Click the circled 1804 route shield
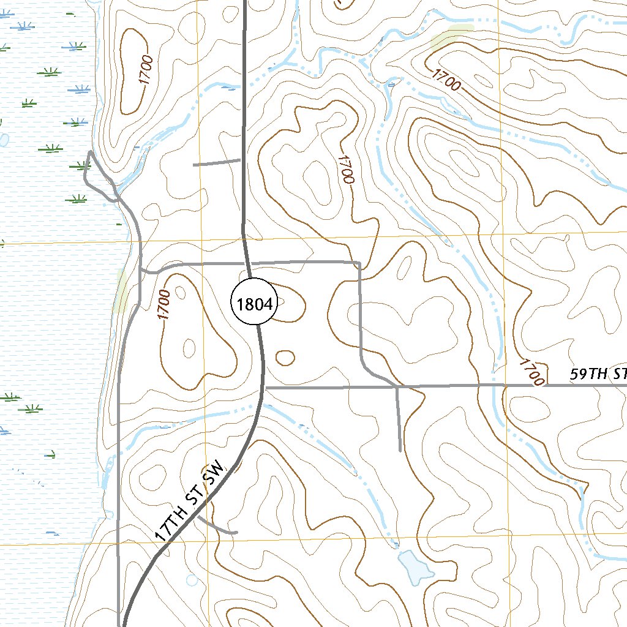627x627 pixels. click(254, 303)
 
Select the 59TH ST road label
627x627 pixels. click(598, 375)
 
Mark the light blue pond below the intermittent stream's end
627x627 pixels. click(415, 565)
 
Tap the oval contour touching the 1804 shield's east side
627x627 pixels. click(293, 303)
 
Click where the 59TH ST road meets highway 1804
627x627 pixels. click(265, 388)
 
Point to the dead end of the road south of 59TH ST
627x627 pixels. click(400, 451)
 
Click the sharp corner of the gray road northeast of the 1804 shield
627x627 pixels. click(359, 264)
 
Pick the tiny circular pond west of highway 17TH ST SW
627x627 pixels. click(192, 579)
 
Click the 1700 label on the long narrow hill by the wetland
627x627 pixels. click(145, 69)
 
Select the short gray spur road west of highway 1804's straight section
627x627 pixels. click(217, 163)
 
